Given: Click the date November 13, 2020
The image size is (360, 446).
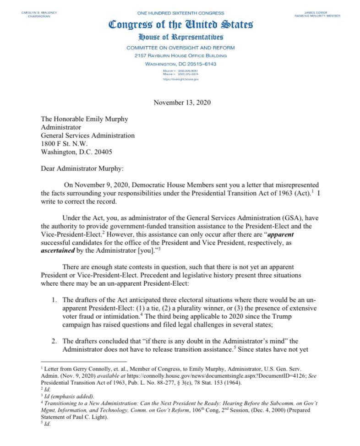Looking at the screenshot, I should click(182, 103).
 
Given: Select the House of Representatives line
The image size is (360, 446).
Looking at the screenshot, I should click(181, 37).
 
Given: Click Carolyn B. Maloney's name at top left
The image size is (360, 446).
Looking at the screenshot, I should click(39, 12).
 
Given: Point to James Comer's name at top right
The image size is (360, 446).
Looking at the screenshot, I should click(317, 12).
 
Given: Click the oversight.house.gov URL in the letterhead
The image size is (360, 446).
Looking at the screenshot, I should click(181, 79).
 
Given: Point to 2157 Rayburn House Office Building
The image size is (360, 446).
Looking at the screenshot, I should click(181, 56).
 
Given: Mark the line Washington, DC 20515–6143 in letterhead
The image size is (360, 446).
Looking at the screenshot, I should click(181, 64).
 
